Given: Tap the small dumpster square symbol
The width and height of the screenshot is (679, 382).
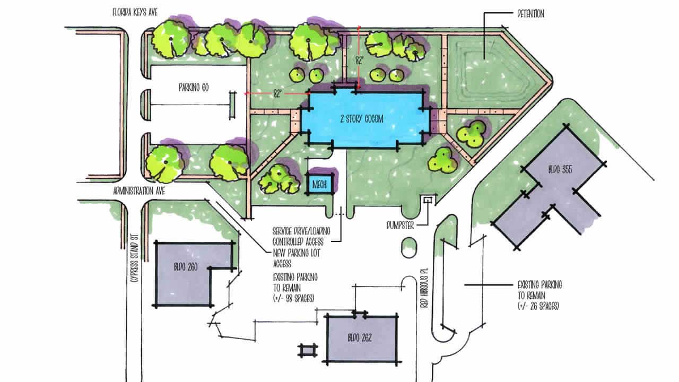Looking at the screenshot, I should pyautogui.click(x=427, y=199).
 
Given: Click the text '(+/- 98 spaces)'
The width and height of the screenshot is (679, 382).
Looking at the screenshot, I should pyautogui.click(x=293, y=298).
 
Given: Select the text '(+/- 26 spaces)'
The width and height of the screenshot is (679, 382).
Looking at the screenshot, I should pyautogui.click(x=539, y=307).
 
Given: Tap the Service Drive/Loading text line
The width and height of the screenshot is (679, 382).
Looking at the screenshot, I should pyautogui.click(x=301, y=231).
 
